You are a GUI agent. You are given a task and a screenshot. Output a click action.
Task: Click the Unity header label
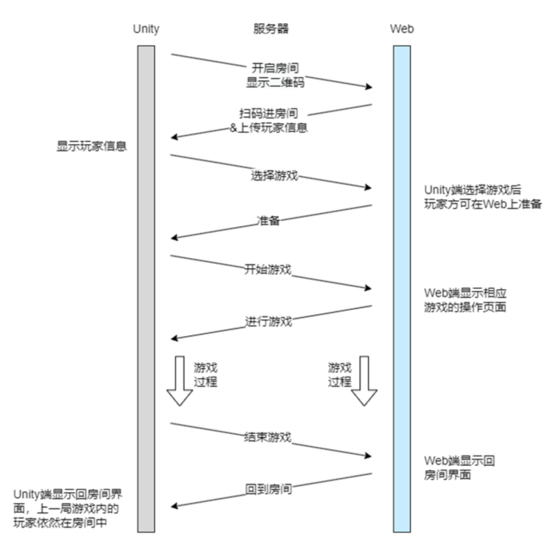146,29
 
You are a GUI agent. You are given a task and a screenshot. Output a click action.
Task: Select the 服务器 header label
271,29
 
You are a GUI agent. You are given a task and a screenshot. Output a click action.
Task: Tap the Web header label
401,29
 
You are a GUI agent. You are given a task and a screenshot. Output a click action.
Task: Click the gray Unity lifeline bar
146,287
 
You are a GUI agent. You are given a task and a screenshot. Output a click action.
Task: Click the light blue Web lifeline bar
401,287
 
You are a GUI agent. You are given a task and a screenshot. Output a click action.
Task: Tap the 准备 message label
268,221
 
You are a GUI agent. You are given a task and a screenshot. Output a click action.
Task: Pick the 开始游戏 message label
268,269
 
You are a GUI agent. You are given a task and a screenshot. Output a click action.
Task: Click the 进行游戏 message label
269,321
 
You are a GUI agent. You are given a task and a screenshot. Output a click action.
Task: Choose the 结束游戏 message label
268,437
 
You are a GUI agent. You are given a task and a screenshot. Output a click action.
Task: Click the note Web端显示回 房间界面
460,468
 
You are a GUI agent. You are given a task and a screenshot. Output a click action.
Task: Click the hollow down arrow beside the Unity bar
180,381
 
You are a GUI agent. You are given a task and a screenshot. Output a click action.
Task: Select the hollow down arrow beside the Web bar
364,381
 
